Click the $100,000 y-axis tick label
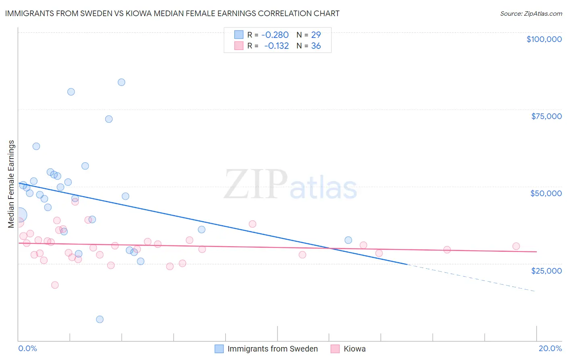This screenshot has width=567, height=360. [544, 39]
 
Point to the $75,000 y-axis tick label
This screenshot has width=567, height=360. [546, 116]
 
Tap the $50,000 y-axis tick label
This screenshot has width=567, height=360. [546, 193]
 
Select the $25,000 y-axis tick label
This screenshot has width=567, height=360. [546, 271]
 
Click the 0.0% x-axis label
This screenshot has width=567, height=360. [27, 349]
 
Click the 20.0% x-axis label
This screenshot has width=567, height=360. [550, 349]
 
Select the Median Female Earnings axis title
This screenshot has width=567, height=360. [11, 184]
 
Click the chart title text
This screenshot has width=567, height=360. [172, 13]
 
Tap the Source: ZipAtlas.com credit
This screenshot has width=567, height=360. [531, 13]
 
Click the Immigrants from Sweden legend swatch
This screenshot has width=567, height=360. [219, 349]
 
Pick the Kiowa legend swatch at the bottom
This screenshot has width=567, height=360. [335, 349]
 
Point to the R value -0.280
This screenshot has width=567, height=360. [275, 35]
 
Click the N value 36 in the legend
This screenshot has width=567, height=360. [316, 46]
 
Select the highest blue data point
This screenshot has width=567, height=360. [121, 82]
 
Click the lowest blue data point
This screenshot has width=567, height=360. [100, 319]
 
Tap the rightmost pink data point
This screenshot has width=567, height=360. [516, 246]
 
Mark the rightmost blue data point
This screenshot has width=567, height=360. [348, 240]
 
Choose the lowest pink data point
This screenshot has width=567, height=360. [55, 285]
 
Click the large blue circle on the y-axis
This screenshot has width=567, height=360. [19, 215]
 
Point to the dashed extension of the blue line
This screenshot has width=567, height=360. [472, 278]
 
